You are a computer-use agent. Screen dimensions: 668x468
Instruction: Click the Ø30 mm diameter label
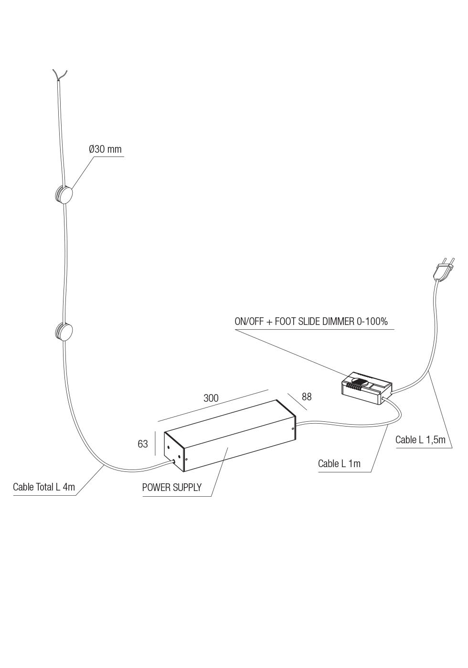(x=105, y=149)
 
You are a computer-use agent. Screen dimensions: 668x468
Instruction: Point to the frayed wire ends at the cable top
(x=60, y=75)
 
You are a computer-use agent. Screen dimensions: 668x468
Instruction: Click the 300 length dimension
(x=211, y=398)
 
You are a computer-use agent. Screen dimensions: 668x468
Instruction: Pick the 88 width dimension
(x=307, y=397)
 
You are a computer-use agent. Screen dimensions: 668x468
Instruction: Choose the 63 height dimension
(x=143, y=444)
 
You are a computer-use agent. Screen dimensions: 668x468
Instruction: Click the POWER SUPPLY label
(x=172, y=488)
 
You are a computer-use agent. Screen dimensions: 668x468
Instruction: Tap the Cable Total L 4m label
(x=44, y=487)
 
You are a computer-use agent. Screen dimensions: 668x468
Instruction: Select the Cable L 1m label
(x=339, y=463)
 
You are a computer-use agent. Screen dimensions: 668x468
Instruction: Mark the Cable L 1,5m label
(x=420, y=440)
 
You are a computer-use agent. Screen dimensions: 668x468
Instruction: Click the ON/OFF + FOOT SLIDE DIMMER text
(x=311, y=322)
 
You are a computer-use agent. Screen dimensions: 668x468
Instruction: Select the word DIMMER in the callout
(x=338, y=322)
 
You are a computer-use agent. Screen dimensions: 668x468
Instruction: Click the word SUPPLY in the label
(x=186, y=488)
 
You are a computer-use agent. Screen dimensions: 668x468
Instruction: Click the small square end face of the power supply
(x=174, y=451)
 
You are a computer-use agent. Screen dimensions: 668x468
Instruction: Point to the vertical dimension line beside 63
(x=155, y=444)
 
